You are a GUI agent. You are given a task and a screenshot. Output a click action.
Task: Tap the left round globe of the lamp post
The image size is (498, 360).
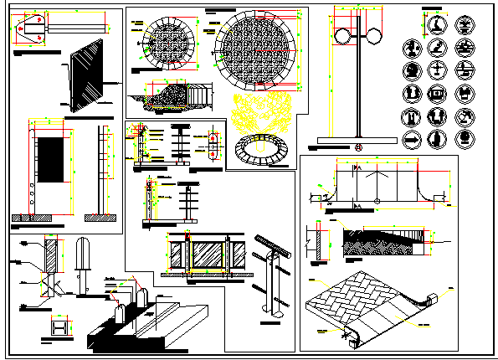(x=341, y=36)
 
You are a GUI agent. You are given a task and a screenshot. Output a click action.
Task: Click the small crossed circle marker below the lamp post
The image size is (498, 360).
(x=358, y=148)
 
